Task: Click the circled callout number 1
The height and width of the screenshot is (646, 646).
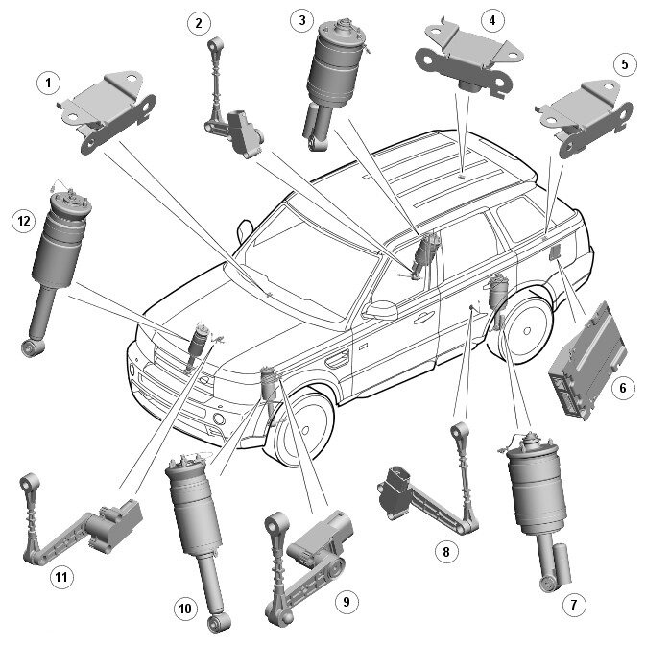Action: (x=48, y=83)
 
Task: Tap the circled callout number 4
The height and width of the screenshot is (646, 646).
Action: (x=491, y=20)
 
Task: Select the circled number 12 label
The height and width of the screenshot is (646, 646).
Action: (x=24, y=221)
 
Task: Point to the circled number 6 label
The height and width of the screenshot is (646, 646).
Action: (x=623, y=388)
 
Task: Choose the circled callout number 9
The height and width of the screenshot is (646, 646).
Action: (x=347, y=602)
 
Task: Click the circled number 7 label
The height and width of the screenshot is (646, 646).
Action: (x=574, y=605)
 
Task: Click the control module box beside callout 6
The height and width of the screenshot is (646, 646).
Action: (x=587, y=361)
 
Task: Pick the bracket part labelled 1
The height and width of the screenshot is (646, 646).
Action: (x=108, y=110)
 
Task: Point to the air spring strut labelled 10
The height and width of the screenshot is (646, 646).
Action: (x=198, y=536)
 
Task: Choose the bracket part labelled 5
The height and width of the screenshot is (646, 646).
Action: (x=585, y=118)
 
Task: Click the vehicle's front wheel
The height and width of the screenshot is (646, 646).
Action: (x=304, y=429)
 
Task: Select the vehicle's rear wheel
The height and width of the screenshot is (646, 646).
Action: (x=524, y=329)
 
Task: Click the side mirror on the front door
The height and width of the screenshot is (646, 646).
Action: (x=380, y=310)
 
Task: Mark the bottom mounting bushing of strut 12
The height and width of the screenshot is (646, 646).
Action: (x=33, y=348)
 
